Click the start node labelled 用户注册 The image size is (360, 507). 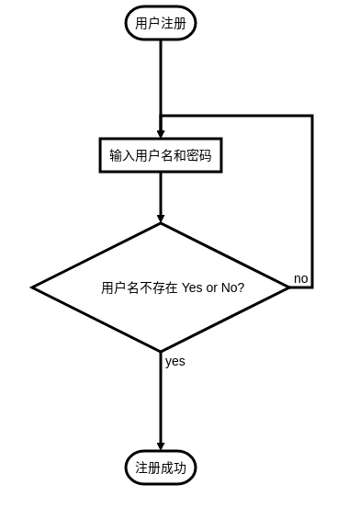point(161,23)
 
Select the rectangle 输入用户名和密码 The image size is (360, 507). point(161,155)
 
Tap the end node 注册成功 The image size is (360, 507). point(161,468)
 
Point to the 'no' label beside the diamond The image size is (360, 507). point(301,277)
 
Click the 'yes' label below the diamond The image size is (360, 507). point(175,361)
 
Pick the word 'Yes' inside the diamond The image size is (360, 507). point(192,287)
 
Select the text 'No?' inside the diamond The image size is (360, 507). point(233,287)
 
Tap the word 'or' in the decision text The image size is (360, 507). point(212,287)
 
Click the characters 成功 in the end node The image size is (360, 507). point(174,468)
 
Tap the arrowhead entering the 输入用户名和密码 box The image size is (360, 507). point(161,134)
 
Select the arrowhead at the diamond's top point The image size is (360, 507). point(161,219)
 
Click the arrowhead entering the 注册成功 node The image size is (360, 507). point(161,446)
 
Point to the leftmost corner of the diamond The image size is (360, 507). point(33,287)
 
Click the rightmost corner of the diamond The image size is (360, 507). point(288,287)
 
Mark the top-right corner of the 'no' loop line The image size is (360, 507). point(312,116)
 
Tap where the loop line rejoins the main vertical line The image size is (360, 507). point(161,116)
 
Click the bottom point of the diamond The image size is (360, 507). point(161,351)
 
